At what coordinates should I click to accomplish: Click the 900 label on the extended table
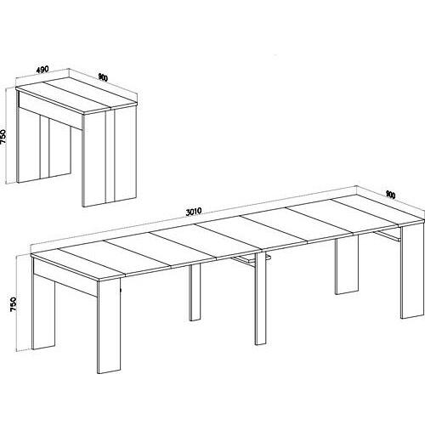tap(390, 194)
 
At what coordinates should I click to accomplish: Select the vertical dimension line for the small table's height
tap(16, 136)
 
